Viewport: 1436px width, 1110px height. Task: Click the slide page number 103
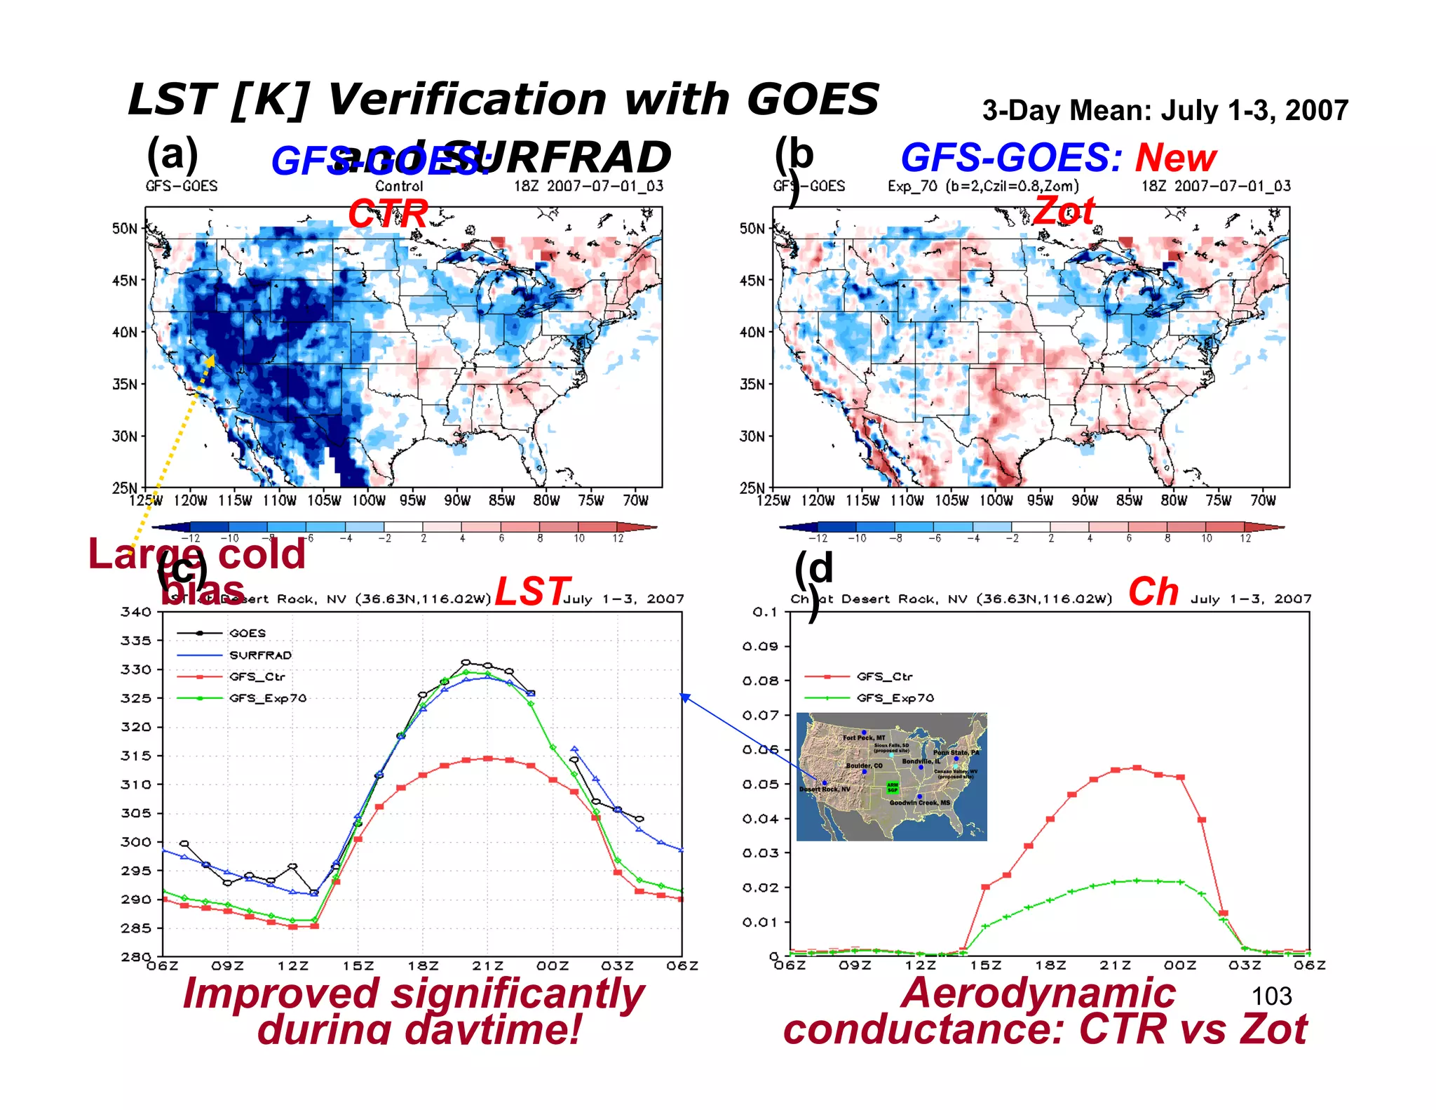point(1271,996)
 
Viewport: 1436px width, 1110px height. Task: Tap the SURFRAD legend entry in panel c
point(260,655)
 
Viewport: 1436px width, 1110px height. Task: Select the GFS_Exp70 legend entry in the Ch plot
point(895,698)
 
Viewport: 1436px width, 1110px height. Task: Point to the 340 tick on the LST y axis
point(135,612)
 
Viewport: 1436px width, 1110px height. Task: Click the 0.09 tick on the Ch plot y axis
point(760,646)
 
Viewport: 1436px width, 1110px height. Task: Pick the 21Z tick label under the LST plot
point(487,966)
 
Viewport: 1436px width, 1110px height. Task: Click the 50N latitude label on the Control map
point(124,229)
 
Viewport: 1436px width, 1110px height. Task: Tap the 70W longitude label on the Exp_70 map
point(1263,500)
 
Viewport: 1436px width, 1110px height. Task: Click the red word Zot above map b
point(1064,210)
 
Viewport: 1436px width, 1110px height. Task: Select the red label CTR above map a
point(388,213)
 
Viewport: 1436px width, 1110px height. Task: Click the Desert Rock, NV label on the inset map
point(825,789)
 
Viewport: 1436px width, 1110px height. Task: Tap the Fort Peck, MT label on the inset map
point(864,737)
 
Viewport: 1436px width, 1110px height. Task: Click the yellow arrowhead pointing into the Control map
point(210,360)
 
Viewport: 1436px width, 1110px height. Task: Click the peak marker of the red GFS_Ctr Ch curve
point(1137,768)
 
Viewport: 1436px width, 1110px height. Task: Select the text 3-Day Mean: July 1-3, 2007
point(1165,111)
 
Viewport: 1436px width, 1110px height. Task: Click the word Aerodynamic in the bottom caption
point(1038,994)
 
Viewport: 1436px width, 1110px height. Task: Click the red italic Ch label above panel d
point(1153,592)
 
